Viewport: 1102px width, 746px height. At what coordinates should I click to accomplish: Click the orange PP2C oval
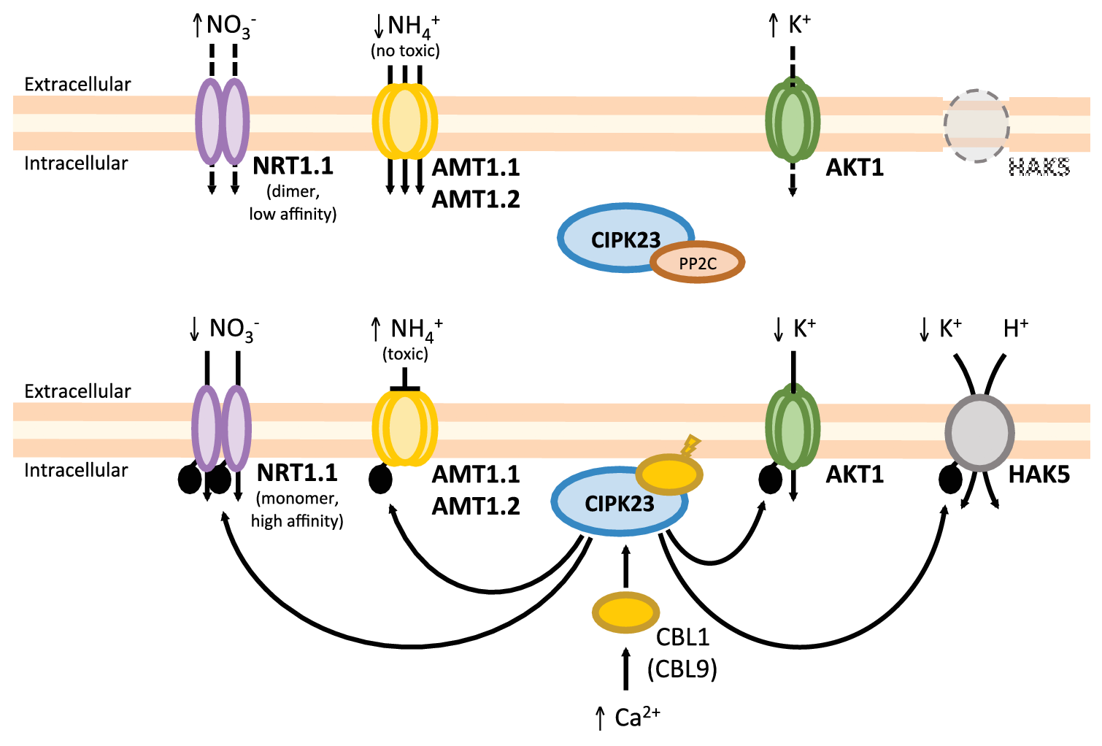697,263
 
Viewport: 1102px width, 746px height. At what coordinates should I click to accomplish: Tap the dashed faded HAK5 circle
976,126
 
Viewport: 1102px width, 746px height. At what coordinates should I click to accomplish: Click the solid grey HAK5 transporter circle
979,433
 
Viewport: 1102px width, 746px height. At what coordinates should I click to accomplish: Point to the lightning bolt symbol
690,444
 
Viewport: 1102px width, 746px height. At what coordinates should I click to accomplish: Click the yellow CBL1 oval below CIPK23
625,612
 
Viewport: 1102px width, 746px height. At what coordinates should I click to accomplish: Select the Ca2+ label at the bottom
636,718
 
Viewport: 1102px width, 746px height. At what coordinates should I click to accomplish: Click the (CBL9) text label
682,669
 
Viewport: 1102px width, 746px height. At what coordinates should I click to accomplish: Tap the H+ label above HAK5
1015,328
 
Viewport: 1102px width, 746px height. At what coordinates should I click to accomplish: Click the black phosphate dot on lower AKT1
771,480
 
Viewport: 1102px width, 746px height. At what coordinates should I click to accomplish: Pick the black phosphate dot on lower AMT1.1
380,480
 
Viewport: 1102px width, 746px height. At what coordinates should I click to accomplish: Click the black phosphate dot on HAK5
949,480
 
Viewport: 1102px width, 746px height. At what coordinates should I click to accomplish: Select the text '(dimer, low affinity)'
293,203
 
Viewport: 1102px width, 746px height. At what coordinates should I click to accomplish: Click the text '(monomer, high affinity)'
297,509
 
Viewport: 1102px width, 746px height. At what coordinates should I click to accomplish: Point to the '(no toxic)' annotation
405,50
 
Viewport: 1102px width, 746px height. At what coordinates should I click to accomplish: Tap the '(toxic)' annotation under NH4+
405,354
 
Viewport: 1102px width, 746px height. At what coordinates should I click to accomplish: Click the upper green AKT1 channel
793,120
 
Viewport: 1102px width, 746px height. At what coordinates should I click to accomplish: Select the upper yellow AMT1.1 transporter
404,120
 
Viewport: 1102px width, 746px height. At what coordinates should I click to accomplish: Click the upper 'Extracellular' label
77,85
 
